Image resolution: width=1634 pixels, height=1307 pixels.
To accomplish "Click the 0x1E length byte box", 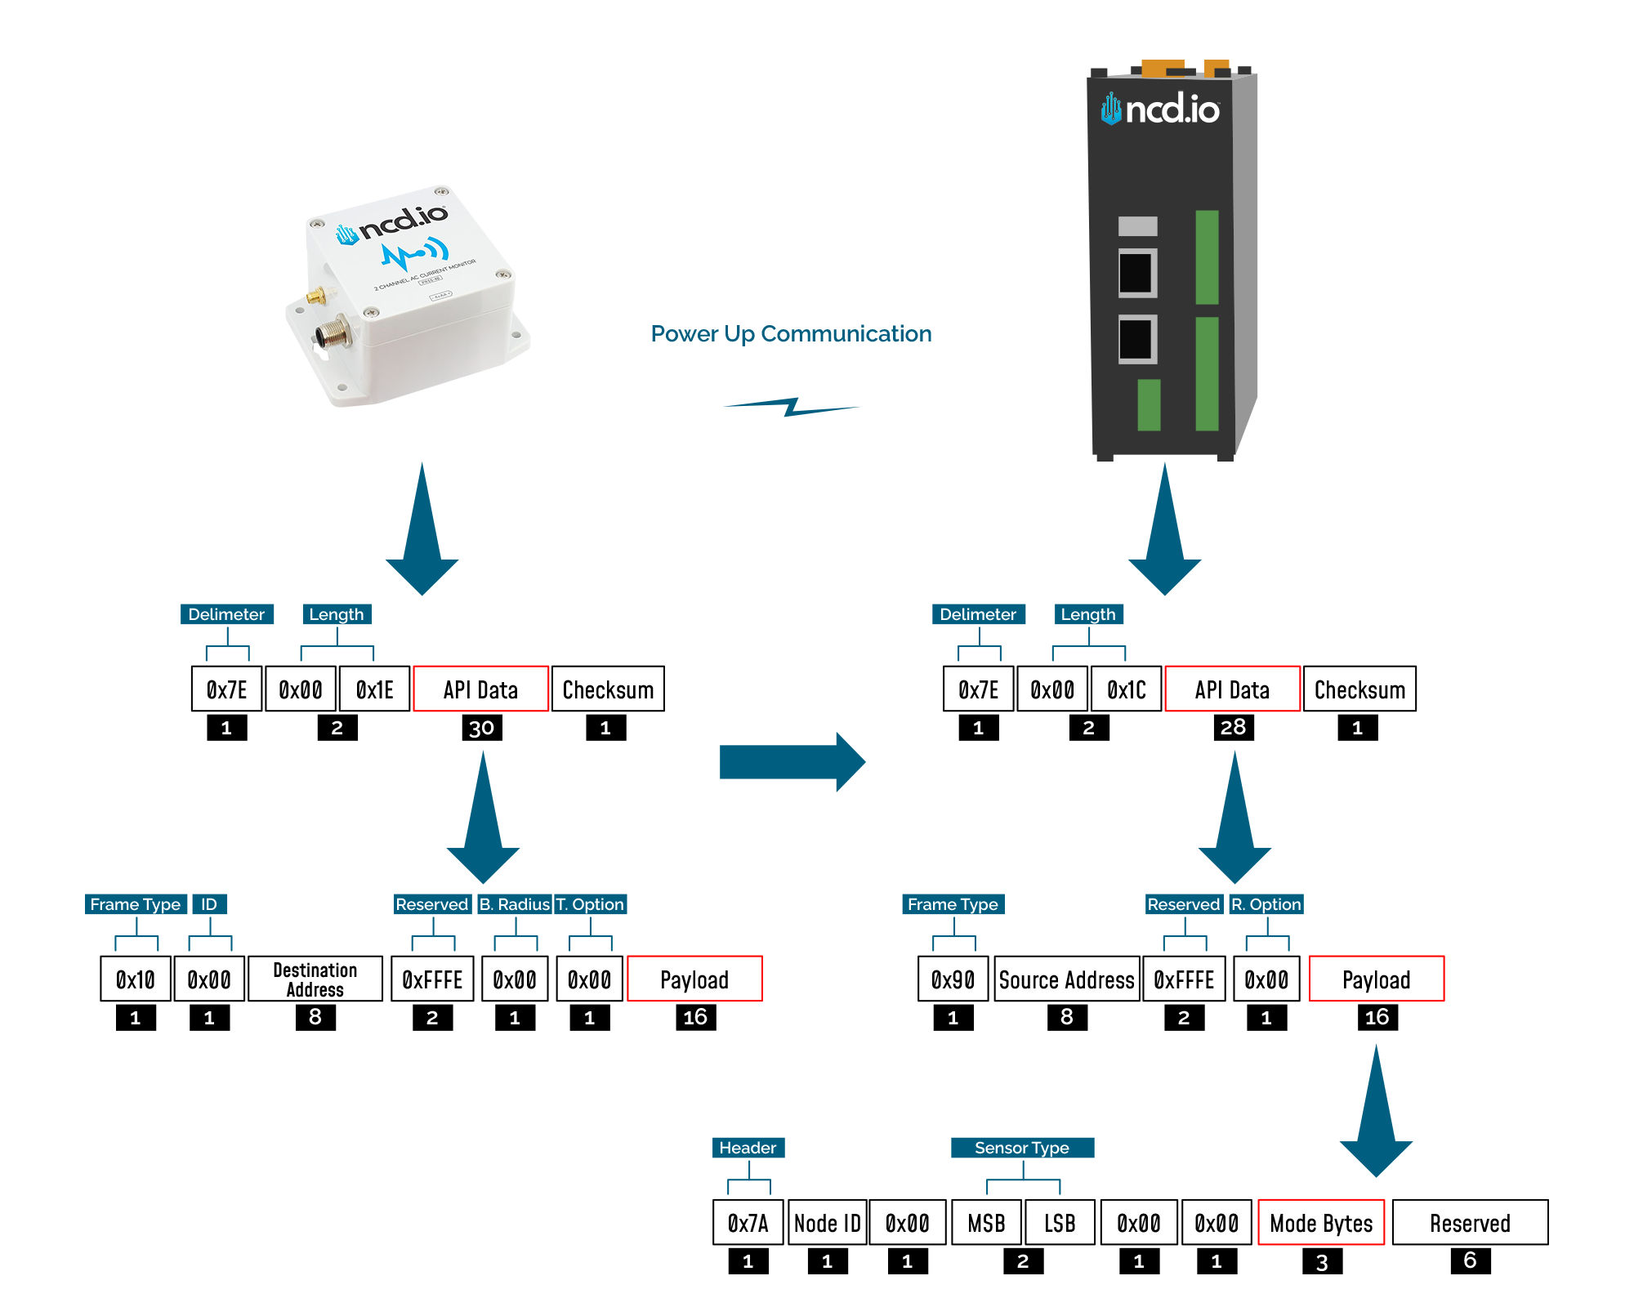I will [x=374, y=689].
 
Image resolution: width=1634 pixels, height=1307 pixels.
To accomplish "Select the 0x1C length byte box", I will [x=1126, y=689].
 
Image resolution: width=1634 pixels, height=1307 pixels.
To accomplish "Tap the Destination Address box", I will [x=315, y=979].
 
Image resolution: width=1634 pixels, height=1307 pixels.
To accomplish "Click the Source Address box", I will [x=1066, y=979].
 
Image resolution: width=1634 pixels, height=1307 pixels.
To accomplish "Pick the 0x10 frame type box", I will [x=136, y=979].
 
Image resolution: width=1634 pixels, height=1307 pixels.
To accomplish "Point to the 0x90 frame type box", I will [x=953, y=979].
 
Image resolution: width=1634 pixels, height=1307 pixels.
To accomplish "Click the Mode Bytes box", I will [x=1321, y=1222].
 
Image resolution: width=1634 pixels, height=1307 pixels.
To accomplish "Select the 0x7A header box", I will [x=748, y=1222].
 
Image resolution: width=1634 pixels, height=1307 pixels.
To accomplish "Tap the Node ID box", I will [x=827, y=1222].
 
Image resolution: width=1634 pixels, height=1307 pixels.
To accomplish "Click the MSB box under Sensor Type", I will [x=986, y=1222].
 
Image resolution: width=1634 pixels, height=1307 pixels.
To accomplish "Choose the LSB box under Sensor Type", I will [x=1060, y=1222].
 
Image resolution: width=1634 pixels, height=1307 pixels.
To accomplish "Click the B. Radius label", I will [x=514, y=904].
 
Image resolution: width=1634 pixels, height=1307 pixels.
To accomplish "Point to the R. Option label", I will [x=1266, y=904].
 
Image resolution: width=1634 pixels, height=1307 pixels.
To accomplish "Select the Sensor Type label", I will [x=1022, y=1148].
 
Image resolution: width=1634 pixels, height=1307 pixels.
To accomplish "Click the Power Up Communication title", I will [x=791, y=333].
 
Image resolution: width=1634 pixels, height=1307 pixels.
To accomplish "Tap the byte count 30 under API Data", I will [x=481, y=728].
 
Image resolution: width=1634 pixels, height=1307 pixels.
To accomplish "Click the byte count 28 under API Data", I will [x=1233, y=727].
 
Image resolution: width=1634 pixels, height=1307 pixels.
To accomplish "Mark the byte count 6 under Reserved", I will [x=1470, y=1260].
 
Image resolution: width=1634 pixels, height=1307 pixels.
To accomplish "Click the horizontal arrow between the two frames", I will [x=791, y=762].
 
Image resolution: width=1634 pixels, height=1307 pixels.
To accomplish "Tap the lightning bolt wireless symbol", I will [x=791, y=406].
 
